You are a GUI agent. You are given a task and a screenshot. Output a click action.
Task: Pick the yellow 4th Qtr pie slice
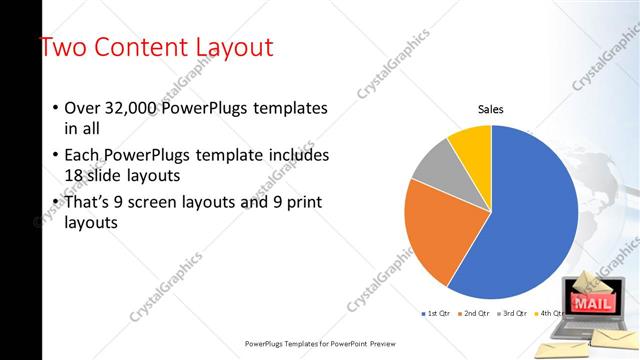[x=471, y=143]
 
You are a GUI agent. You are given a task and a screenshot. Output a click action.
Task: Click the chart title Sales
[x=490, y=109]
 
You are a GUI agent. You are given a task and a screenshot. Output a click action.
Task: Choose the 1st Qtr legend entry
[x=436, y=314]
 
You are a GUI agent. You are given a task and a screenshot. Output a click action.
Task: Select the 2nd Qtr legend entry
[x=474, y=314]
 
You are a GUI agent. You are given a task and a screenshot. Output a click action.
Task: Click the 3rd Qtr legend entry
[x=512, y=314]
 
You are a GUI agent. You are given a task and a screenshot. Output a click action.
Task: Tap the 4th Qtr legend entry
[x=550, y=314]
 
